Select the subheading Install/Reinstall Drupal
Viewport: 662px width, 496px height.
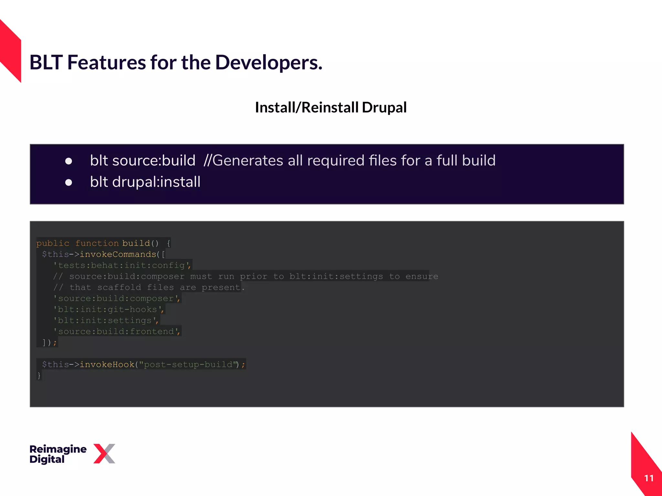tap(331, 108)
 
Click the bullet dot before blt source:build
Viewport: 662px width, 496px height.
tap(69, 161)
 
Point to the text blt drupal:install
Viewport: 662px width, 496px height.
tap(145, 182)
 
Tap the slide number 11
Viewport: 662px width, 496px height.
tap(649, 478)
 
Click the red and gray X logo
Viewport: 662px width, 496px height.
tap(104, 454)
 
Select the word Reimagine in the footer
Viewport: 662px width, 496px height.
tap(58, 449)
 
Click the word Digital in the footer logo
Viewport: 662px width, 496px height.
tap(47, 459)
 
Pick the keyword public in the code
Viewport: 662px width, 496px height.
tap(53, 243)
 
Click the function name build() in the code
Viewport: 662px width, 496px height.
tap(140, 243)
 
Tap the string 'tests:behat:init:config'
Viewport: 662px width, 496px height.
tap(122, 265)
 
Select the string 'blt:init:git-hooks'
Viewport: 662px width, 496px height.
tap(108, 309)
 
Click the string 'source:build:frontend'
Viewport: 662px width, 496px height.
tap(116, 331)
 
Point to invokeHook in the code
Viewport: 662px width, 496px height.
tap(107, 365)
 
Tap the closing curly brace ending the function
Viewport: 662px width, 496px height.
tap(39, 376)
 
